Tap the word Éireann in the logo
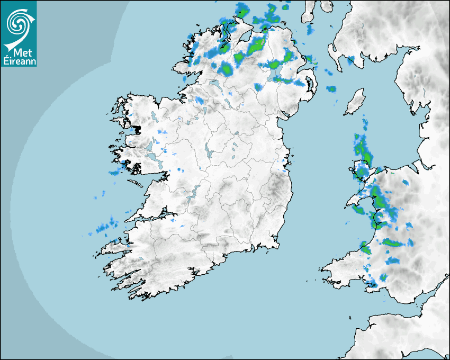(x=19, y=61)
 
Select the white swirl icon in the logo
(x=19, y=24)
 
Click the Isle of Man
(x=355, y=102)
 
